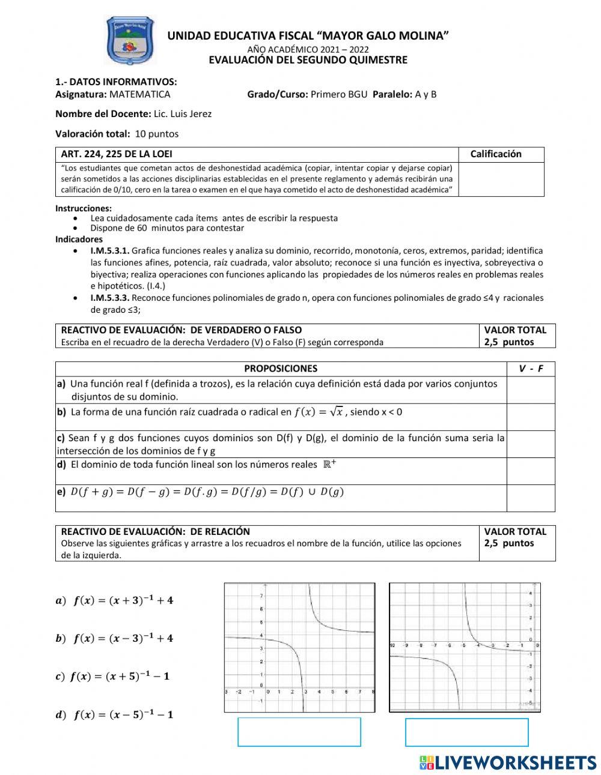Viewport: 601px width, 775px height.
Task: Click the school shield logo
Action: [x=129, y=41]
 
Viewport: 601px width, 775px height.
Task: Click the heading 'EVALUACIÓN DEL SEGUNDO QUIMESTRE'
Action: [x=308, y=60]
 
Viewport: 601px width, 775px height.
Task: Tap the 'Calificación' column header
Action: [x=496, y=154]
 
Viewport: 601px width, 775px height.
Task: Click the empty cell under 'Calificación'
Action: [x=501, y=179]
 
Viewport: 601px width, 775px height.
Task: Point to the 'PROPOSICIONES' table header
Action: [x=281, y=369]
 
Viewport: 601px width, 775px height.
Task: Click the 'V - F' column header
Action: [x=531, y=369]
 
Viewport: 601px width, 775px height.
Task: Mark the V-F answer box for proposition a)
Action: [x=531, y=390]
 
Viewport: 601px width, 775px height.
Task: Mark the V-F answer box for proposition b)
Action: [x=531, y=417]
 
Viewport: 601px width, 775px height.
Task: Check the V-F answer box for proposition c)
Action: [x=531, y=444]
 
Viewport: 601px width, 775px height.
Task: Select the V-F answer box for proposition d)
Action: [x=531, y=471]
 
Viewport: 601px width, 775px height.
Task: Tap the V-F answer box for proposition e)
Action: [x=531, y=498]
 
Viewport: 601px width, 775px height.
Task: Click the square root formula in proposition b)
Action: [x=319, y=412]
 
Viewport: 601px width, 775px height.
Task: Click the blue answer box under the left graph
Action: [x=299, y=732]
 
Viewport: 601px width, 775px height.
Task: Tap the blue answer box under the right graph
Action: [x=467, y=732]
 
